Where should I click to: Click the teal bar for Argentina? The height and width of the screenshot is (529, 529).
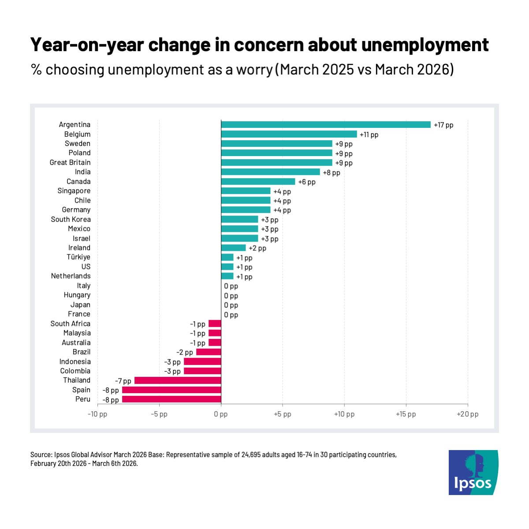coord(326,125)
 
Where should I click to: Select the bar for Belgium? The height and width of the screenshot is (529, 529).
coord(289,134)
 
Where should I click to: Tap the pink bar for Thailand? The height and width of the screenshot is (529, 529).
coord(178,380)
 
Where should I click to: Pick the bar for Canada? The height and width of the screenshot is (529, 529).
coord(258,182)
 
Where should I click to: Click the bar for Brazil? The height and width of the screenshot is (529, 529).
coord(209,352)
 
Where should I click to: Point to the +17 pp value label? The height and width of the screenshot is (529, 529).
coord(443,125)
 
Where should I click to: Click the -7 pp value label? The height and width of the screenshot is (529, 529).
coord(123,381)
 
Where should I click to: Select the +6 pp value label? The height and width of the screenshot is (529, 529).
coord(307,182)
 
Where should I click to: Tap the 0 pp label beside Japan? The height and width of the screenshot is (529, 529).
coord(231,305)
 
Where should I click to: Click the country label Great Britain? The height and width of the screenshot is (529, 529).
coord(70,163)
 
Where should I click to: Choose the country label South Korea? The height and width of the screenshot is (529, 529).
coord(71,220)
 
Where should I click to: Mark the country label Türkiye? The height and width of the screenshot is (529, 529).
coord(78,257)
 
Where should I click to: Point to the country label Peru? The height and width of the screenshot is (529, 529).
coord(82,399)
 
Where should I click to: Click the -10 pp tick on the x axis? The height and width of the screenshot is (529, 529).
coord(97,414)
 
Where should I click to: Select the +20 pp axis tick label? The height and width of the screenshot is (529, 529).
coord(467,414)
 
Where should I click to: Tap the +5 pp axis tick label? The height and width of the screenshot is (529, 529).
coord(283,414)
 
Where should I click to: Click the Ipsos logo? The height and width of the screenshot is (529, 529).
coord(473,472)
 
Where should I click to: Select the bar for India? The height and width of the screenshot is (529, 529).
coord(270,172)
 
